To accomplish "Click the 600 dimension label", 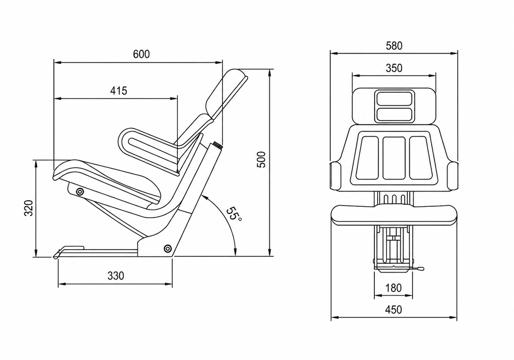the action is coord(141,54).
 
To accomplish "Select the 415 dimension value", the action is coord(119,91).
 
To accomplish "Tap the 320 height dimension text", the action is coord(29,208).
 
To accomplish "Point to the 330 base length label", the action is coord(116,276).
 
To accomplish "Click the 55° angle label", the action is coord(233,214).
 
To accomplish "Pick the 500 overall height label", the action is coord(261,160).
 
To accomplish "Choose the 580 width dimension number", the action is coord(394,46).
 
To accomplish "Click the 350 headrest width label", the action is coord(394,68).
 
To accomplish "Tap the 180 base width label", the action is coord(394,288).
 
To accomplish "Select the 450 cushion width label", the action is coord(394,310).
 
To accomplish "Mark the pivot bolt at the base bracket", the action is coord(168,248).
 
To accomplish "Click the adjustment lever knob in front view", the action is coord(420,268).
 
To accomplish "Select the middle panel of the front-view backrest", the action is coord(394,158).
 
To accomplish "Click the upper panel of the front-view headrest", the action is coord(394,98).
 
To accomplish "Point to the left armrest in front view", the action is coord(335,176).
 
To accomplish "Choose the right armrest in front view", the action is coord(453,176).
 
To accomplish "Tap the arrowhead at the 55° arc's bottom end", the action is coord(235,252).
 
